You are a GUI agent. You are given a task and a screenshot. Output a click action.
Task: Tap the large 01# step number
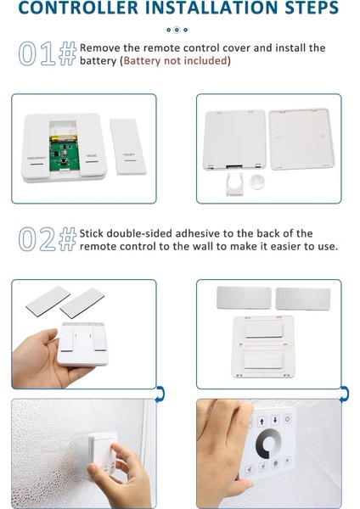point(48,53)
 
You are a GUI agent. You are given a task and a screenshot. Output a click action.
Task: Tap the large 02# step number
point(48,239)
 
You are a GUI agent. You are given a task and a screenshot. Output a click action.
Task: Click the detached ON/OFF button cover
point(128,146)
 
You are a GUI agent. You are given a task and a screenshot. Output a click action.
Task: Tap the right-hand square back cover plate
point(301,138)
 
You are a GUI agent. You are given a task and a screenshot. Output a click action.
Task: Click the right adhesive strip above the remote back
point(303,299)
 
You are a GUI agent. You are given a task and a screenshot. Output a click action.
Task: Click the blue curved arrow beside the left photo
point(160,394)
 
